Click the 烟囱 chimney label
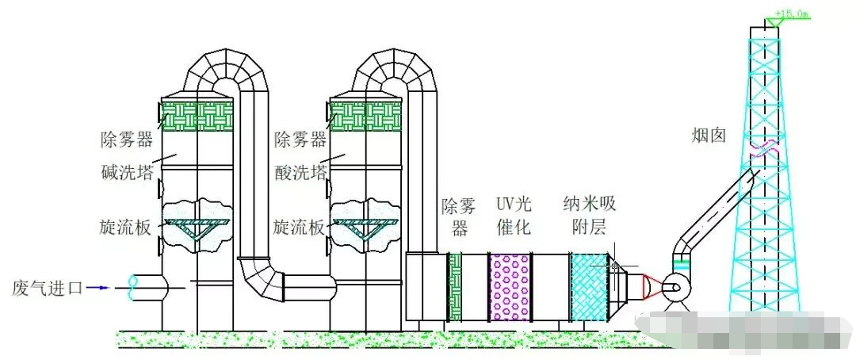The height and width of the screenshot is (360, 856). (709, 136)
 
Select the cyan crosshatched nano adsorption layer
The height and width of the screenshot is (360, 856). (589, 287)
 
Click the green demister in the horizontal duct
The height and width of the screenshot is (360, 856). (455, 287)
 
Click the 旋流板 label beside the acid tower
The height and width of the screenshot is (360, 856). (299, 228)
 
